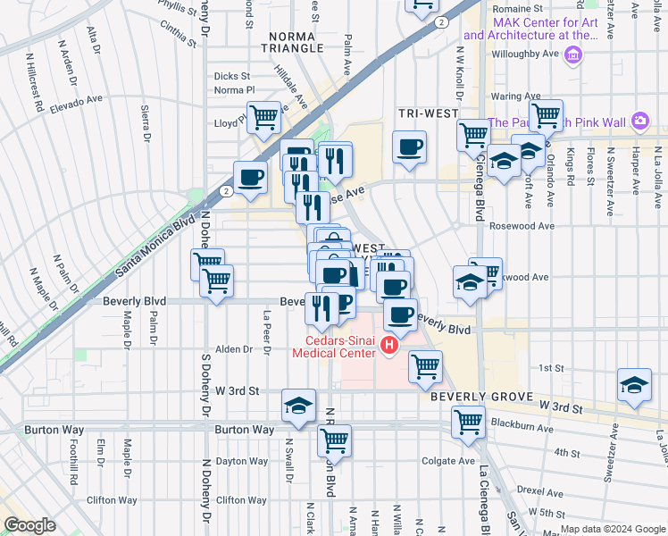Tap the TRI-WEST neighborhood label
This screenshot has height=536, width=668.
pyautogui.click(x=428, y=114)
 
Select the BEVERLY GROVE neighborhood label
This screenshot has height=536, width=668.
pyautogui.click(x=482, y=396)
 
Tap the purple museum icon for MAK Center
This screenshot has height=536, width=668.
pyautogui.click(x=573, y=58)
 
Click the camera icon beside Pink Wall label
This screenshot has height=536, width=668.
pyautogui.click(x=639, y=121)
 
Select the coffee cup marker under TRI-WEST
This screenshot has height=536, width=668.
pyautogui.click(x=410, y=147)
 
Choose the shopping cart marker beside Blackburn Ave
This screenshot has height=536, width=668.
pyautogui.click(x=468, y=422)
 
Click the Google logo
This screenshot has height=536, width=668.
pyautogui.click(x=29, y=525)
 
